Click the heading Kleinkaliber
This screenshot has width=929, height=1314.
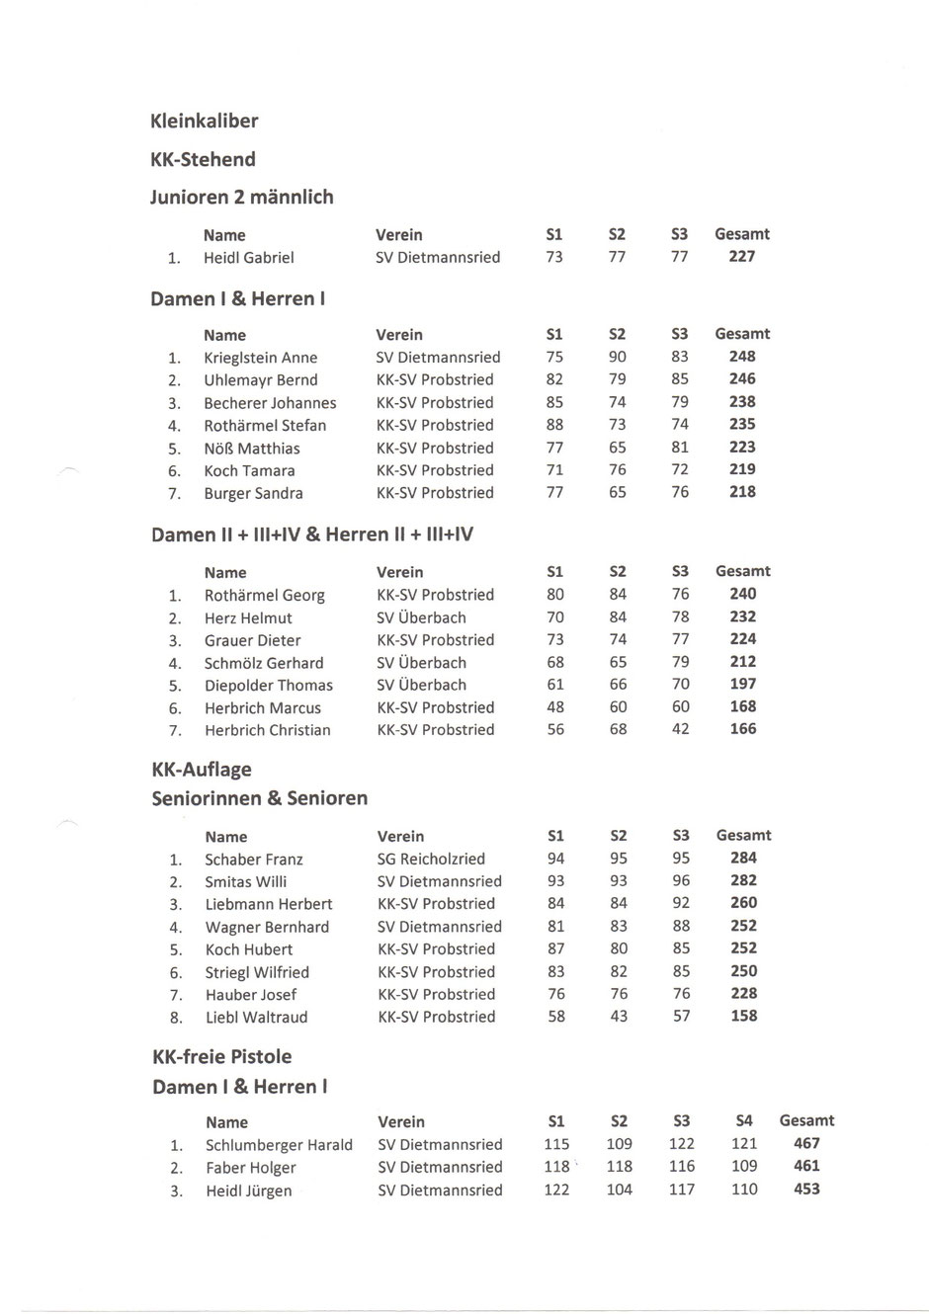click(x=204, y=122)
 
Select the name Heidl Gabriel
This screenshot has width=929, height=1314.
click(x=248, y=258)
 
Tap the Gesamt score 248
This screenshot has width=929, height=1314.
click(x=742, y=357)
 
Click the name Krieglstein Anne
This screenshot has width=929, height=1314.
click(x=260, y=358)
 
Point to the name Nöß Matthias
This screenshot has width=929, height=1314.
click(x=251, y=449)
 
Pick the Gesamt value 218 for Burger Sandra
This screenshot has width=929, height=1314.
click(x=742, y=492)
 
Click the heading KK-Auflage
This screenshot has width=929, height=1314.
click(x=202, y=770)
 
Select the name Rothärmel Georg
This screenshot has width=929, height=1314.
click(x=264, y=596)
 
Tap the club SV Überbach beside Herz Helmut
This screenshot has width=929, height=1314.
click(x=421, y=617)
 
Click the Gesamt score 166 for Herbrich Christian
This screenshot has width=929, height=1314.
click(x=742, y=729)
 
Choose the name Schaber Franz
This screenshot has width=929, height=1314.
click(x=254, y=860)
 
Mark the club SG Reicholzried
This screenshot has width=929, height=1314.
click(x=431, y=859)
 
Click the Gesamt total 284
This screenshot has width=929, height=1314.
click(x=743, y=858)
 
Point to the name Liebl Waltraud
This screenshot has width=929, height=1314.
click(x=256, y=1018)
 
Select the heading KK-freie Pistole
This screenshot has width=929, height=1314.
click(x=222, y=1057)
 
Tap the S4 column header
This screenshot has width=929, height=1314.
click(x=744, y=1121)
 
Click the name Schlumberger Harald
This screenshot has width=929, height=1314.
click(x=279, y=1146)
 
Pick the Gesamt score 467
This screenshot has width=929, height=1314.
click(x=806, y=1144)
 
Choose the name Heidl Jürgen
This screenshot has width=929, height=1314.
click(x=248, y=1191)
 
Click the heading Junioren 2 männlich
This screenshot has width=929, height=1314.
click(x=242, y=198)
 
